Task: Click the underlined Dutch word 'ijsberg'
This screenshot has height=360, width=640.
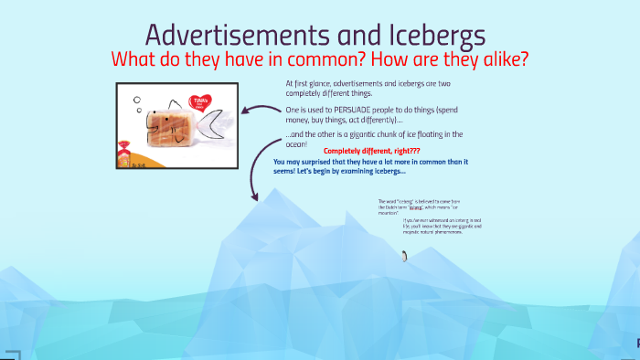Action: [x=419, y=207]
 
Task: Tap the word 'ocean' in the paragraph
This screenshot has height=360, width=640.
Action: [x=295, y=143]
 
